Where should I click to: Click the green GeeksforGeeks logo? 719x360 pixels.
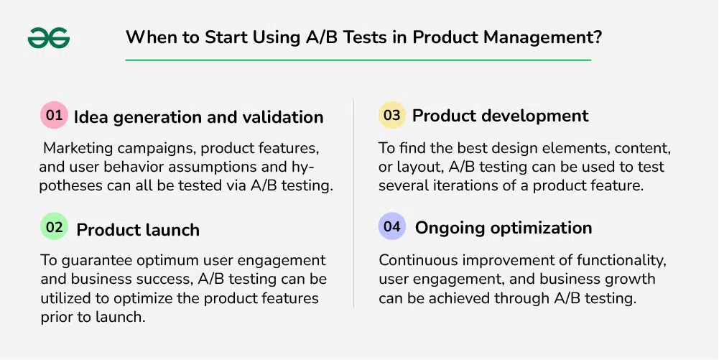[49, 37]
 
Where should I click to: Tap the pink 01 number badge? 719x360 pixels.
[54, 115]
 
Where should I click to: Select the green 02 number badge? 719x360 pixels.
[54, 226]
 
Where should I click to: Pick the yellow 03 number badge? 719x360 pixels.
[392, 115]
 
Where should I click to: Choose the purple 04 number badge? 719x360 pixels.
[392, 226]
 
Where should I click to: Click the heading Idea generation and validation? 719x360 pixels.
[198, 117]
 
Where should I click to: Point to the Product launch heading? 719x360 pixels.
[138, 230]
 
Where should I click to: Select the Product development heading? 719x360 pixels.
[500, 116]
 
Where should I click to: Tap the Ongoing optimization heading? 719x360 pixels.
[504, 228]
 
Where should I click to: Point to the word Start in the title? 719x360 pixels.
[224, 37]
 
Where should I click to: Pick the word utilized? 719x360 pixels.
[65, 298]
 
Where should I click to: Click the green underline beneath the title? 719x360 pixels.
[358, 60]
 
